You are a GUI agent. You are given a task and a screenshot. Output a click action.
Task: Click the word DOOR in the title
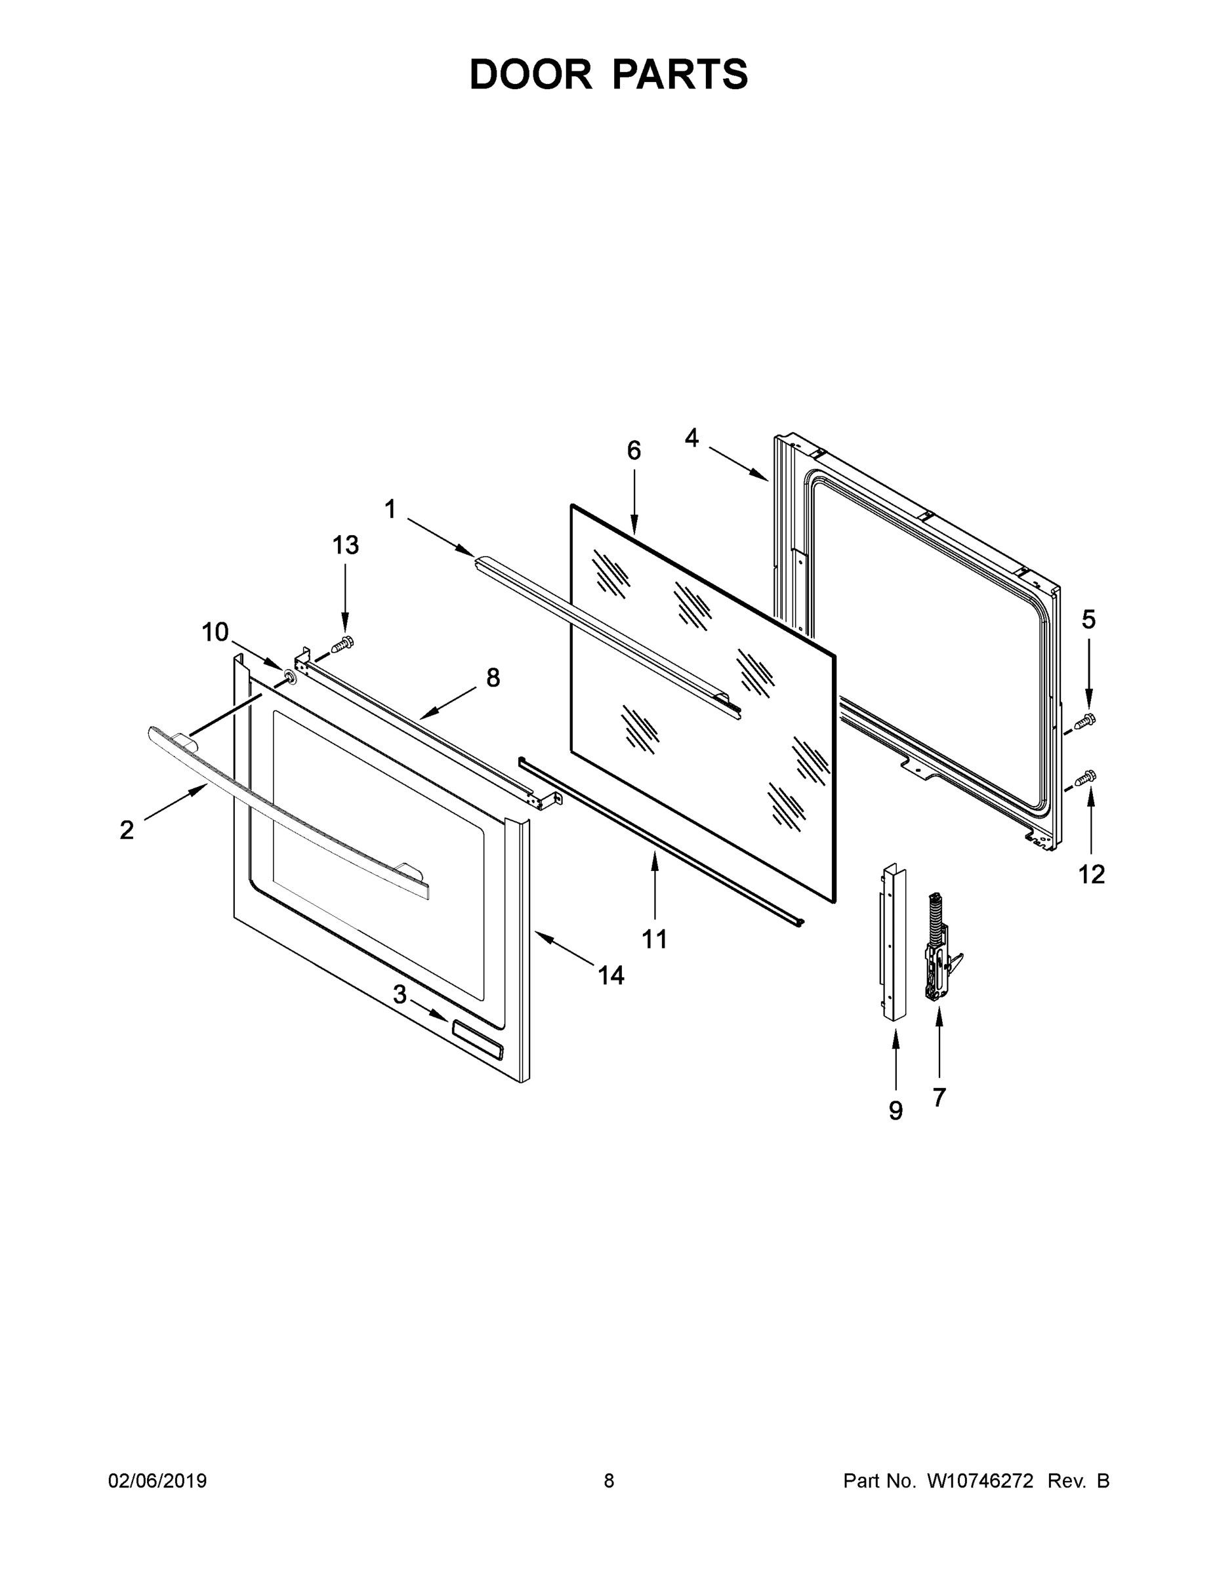(x=531, y=75)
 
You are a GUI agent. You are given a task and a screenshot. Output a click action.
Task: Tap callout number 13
(x=345, y=545)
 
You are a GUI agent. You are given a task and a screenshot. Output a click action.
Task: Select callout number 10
(x=215, y=632)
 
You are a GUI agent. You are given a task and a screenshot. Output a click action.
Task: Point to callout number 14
(x=611, y=976)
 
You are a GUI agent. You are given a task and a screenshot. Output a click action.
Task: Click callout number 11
(x=655, y=939)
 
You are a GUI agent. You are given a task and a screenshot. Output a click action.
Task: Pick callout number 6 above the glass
(x=634, y=451)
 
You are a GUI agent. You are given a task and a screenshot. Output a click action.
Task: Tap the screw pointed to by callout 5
(x=1085, y=720)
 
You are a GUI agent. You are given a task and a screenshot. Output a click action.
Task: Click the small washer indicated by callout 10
(x=290, y=677)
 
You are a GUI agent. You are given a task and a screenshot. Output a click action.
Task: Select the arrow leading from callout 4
(x=738, y=464)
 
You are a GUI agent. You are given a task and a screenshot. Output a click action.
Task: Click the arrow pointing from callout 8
(x=447, y=702)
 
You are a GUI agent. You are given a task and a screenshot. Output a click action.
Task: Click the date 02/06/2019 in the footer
(x=157, y=1481)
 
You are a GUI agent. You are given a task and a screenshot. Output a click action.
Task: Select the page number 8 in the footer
(x=609, y=1481)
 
